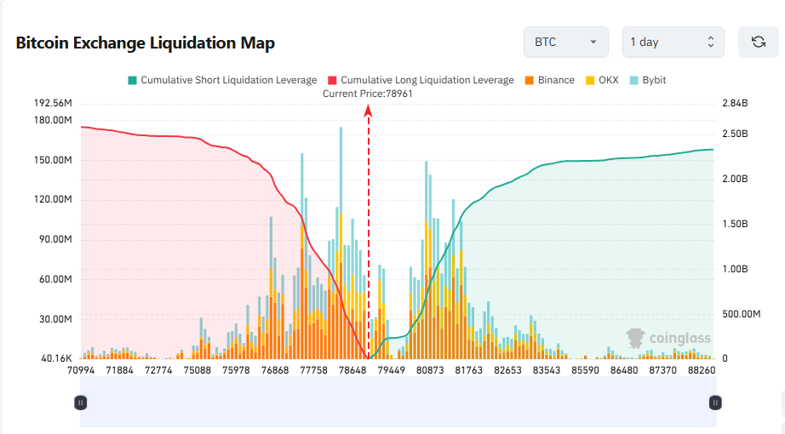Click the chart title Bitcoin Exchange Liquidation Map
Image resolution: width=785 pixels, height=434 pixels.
[145, 43]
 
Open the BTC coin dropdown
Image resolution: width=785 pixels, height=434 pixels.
[566, 42]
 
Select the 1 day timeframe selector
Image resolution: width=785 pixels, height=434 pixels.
[673, 42]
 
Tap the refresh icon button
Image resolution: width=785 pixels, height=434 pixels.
[758, 42]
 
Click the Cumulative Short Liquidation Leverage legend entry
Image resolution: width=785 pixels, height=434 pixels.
[222, 80]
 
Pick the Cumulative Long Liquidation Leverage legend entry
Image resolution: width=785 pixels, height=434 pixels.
[421, 80]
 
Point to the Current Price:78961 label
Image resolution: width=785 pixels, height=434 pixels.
[368, 94]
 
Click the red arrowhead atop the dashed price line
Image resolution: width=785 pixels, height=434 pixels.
[369, 109]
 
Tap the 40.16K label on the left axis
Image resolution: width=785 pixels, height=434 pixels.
[54, 358]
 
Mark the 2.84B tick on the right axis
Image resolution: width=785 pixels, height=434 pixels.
[734, 103]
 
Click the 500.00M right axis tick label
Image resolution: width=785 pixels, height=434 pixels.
[740, 314]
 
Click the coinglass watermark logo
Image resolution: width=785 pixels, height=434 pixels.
[668, 339]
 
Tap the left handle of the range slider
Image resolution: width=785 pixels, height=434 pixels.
[80, 403]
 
